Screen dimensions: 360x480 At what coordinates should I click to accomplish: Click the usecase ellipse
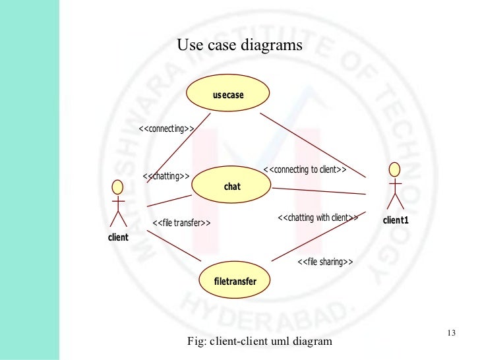[x=228, y=95]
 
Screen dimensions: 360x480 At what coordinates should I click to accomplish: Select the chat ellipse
[x=232, y=187]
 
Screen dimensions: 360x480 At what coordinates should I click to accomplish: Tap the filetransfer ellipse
[x=235, y=282]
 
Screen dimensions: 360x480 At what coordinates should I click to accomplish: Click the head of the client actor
[x=118, y=185]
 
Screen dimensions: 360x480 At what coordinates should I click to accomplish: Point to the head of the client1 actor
[x=394, y=169]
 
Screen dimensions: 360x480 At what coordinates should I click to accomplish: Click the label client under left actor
[x=118, y=237]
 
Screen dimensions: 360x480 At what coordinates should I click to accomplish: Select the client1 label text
[x=396, y=220]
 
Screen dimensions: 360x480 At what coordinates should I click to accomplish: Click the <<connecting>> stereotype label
[x=166, y=129]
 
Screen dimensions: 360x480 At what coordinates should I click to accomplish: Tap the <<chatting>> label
[x=166, y=176]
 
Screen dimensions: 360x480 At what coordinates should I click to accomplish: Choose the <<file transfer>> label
[x=181, y=223]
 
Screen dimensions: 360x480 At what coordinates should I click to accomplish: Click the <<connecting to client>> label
[x=305, y=169]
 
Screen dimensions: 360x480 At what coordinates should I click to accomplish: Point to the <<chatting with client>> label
[x=318, y=218]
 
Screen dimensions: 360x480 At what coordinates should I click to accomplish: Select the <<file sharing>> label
[x=326, y=262]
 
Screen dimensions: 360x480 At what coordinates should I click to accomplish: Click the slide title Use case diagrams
[x=240, y=45]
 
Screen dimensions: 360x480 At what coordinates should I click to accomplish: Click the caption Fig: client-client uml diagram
[x=260, y=342]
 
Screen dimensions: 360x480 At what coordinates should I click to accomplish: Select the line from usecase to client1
[x=313, y=145]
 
